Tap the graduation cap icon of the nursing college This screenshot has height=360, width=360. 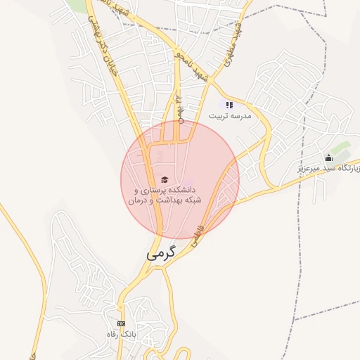pyautogui.click(x=165, y=179)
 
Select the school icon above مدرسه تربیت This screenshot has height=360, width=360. pyautogui.click(x=229, y=105)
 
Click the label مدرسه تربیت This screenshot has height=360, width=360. pyautogui.click(x=228, y=115)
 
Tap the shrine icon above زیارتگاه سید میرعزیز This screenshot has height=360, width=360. pyautogui.click(x=328, y=157)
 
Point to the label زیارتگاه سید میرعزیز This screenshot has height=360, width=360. pyautogui.click(x=328, y=169)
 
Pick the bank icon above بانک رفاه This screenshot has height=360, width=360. pyautogui.click(x=121, y=323)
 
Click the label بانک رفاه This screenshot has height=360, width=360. pyautogui.click(x=120, y=333)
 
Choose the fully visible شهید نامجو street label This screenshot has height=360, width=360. pyautogui.click(x=193, y=64)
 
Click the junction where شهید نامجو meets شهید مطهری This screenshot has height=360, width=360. pyautogui.click(x=210, y=84)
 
